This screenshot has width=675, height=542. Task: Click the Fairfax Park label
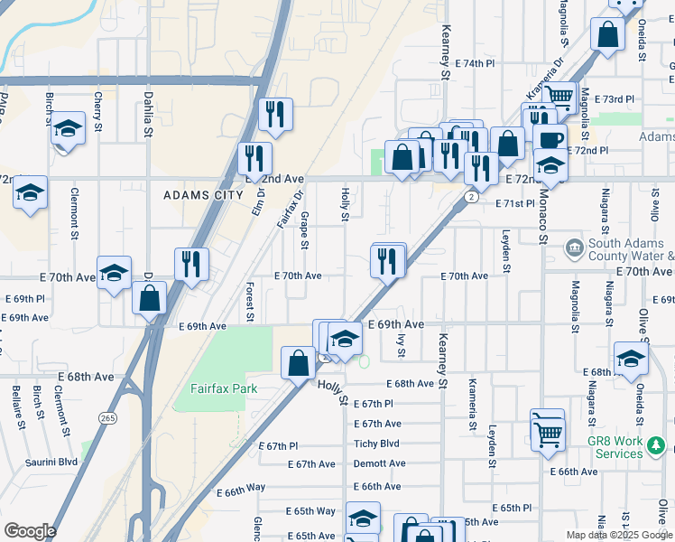point(223,389)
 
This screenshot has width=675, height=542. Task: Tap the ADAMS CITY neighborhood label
point(203,195)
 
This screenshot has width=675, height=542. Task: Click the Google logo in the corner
point(30,531)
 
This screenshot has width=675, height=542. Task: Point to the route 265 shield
point(108,418)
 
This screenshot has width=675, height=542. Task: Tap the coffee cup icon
point(550,138)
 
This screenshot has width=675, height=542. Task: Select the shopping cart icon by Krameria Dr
point(560,95)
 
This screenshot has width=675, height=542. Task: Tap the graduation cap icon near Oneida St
point(631,358)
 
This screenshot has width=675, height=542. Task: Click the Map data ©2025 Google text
point(618,535)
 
